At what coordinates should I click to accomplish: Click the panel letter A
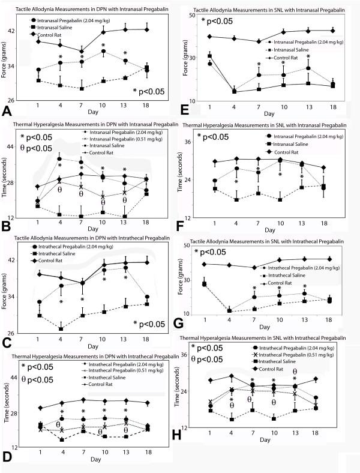click(7, 112)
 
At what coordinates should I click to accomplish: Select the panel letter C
click(7, 342)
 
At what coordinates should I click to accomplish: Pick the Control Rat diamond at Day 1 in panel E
click(209, 37)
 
